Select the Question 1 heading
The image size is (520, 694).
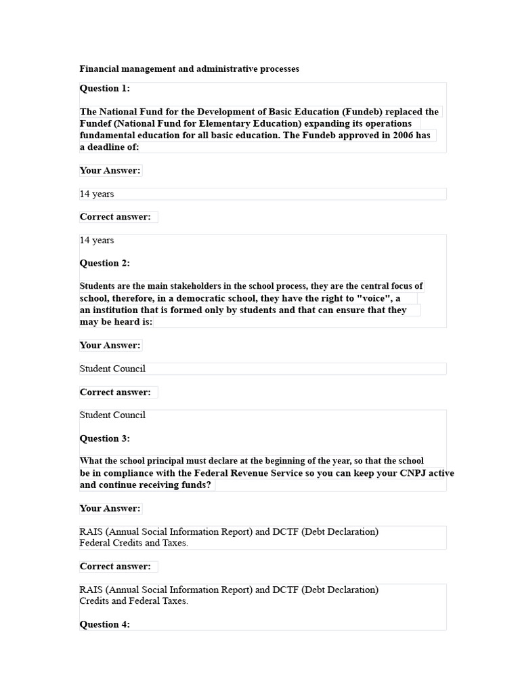point(105,88)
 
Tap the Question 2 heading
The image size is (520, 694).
point(105,263)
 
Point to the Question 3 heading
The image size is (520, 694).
point(105,438)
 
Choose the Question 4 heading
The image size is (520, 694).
point(105,624)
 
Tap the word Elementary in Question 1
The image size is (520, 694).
point(219,123)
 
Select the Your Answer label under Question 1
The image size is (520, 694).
point(110,171)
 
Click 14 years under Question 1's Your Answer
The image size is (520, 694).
point(97,194)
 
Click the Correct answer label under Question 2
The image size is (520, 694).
point(115,392)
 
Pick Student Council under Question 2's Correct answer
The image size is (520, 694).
point(112,415)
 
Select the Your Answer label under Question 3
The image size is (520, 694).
point(110,508)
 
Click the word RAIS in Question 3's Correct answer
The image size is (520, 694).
point(91,590)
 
